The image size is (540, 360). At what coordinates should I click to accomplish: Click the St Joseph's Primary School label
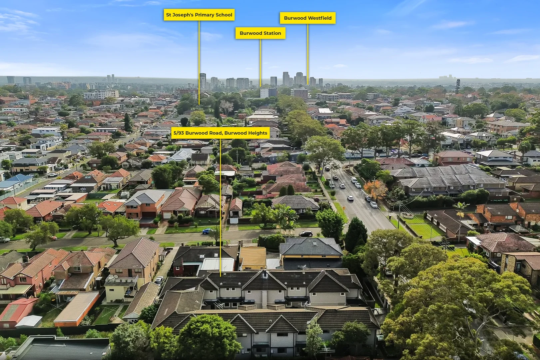click(199, 15)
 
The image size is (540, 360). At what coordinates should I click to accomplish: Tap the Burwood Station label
click(261, 33)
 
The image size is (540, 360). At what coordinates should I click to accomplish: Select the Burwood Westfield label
click(307, 18)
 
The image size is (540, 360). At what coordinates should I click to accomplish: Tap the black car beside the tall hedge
click(306, 233)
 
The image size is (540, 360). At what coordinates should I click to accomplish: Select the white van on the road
click(354, 180)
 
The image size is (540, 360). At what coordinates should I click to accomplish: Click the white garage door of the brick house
click(167, 215)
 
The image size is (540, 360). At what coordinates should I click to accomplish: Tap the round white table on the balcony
click(116, 277)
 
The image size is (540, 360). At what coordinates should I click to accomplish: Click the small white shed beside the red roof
click(29, 321)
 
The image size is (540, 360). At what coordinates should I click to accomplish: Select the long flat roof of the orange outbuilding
click(76, 307)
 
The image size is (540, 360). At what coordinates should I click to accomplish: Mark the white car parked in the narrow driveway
click(159, 281)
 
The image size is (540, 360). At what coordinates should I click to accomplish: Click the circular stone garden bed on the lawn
click(406, 215)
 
